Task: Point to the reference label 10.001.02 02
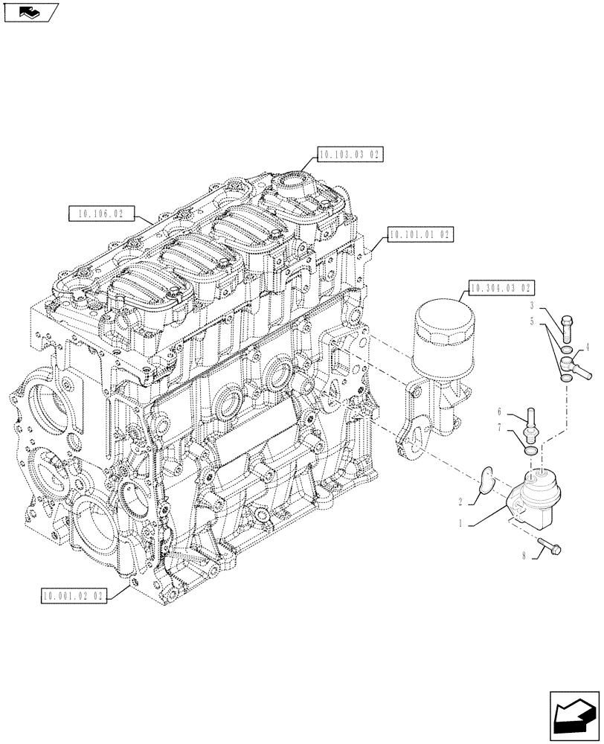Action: [x=74, y=595]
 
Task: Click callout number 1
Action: [x=461, y=523]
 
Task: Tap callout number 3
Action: [x=533, y=306]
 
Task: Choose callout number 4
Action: [x=588, y=347]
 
